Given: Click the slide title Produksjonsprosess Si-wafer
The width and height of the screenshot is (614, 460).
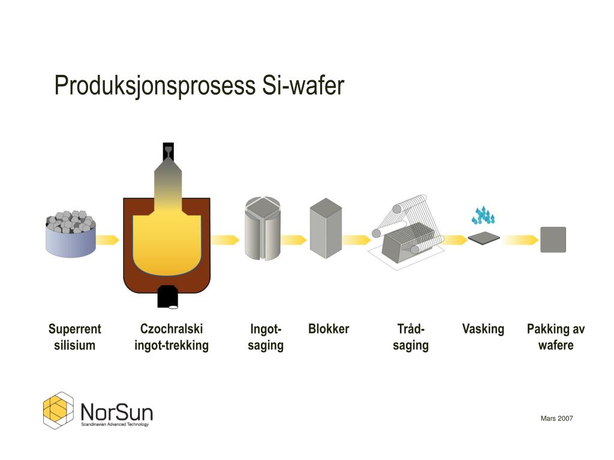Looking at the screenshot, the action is [x=199, y=86].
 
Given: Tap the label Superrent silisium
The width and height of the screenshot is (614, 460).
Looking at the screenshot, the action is [x=74, y=337].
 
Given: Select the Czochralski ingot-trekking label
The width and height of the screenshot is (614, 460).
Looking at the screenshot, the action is [x=171, y=337].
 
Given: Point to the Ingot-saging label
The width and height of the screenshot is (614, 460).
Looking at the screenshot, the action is [x=266, y=337].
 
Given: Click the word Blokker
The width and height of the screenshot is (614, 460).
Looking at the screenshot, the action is [x=329, y=329].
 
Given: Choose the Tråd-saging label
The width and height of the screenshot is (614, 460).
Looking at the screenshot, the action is [x=411, y=337].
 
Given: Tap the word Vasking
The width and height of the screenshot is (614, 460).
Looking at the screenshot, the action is [x=483, y=329].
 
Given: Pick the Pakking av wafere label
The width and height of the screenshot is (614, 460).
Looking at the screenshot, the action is [x=556, y=337].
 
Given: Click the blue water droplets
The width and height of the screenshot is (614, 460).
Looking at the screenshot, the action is [x=483, y=215].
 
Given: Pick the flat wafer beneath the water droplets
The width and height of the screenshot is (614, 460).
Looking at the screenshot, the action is [x=484, y=238].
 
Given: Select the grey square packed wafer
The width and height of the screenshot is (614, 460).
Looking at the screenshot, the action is [x=553, y=240].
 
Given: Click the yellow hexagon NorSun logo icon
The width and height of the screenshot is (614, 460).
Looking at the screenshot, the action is [x=58, y=410].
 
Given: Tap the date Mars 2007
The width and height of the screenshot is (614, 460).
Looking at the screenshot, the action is [x=556, y=418].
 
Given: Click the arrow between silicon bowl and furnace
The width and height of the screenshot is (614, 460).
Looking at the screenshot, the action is [x=107, y=240].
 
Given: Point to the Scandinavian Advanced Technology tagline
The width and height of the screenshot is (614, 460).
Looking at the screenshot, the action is [x=115, y=424].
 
